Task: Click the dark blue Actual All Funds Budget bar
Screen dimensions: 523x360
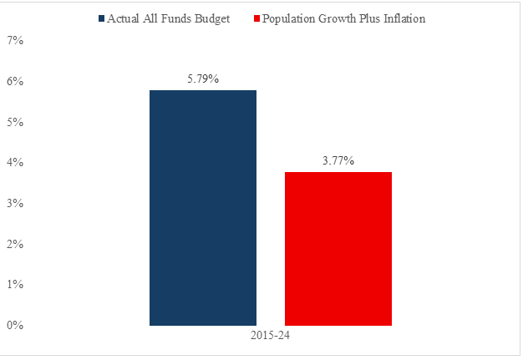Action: (203, 208)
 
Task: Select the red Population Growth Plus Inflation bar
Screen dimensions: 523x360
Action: (338, 249)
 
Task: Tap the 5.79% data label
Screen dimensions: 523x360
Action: (203, 79)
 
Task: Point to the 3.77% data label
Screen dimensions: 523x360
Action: (338, 160)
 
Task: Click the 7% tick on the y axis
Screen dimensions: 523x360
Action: (15, 41)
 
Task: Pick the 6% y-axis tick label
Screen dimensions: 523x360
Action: (15, 81)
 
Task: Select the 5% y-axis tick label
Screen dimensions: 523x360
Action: (15, 122)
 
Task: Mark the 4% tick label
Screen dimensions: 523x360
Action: (15, 163)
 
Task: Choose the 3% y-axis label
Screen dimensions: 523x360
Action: (15, 203)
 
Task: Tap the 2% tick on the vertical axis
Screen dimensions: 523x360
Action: (15, 244)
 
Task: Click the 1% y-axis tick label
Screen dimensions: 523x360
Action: (15, 284)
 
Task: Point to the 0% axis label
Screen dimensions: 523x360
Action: (15, 325)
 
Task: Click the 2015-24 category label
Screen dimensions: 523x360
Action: (270, 335)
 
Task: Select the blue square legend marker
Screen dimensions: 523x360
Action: (101, 18)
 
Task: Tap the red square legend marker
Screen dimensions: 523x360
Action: (256, 18)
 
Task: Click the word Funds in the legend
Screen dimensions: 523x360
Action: (176, 18)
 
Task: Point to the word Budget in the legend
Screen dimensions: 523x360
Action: (212, 19)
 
